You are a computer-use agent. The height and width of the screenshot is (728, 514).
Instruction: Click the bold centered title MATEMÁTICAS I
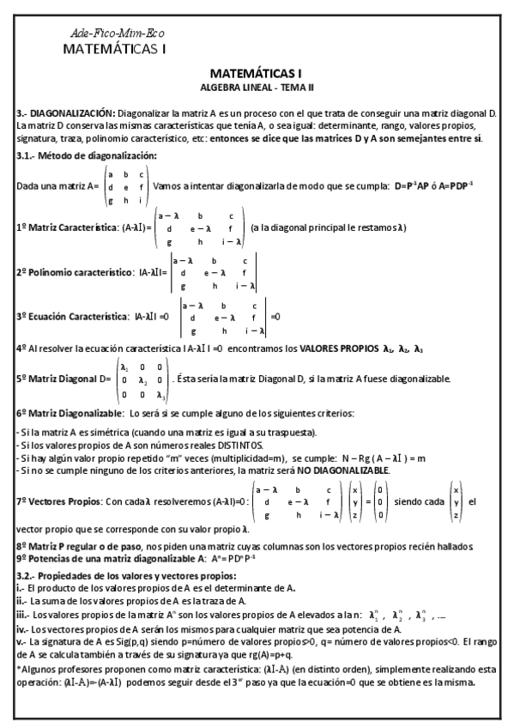257,75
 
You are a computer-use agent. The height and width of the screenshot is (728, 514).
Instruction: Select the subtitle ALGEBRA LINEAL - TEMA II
257,88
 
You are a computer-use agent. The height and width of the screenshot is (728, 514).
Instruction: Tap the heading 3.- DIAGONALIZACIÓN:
66,113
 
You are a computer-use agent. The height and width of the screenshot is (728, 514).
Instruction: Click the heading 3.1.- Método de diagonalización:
87,155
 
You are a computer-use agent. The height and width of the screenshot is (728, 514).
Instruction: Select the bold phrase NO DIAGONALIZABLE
342,470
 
